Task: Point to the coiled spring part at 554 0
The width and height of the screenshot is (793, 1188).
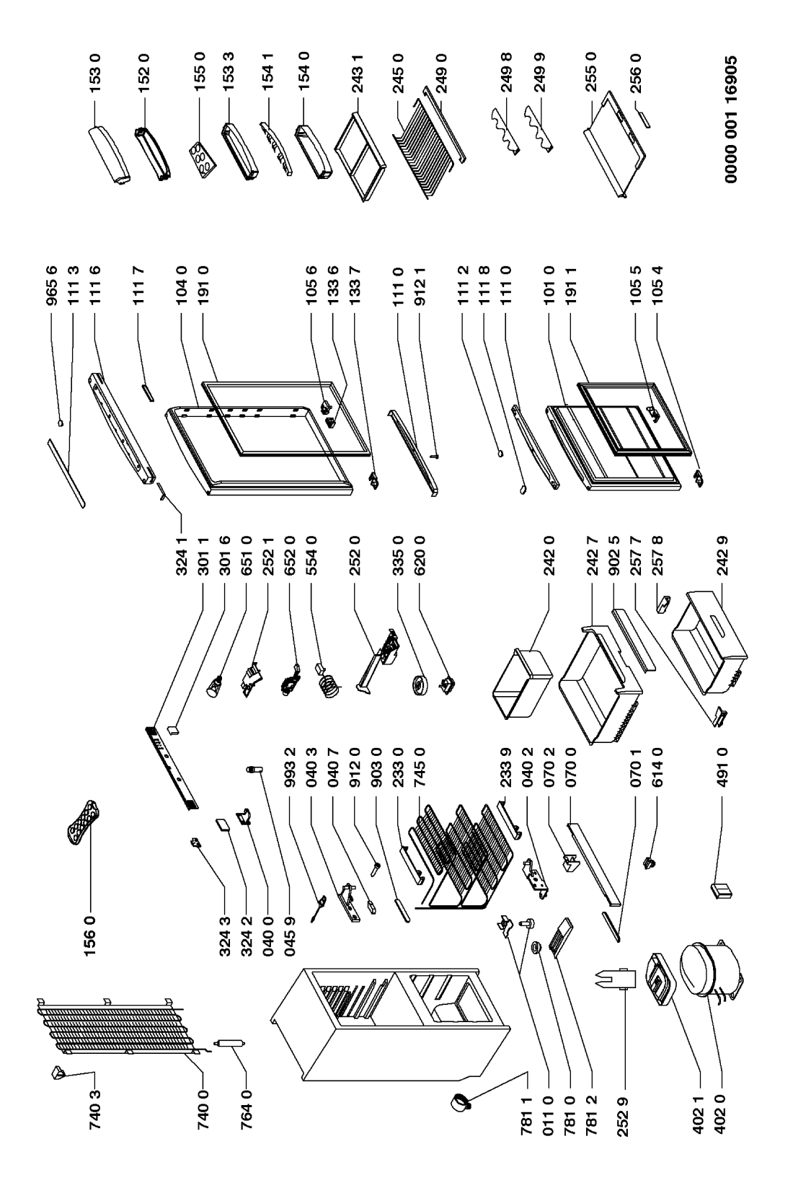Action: pos(329,682)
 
